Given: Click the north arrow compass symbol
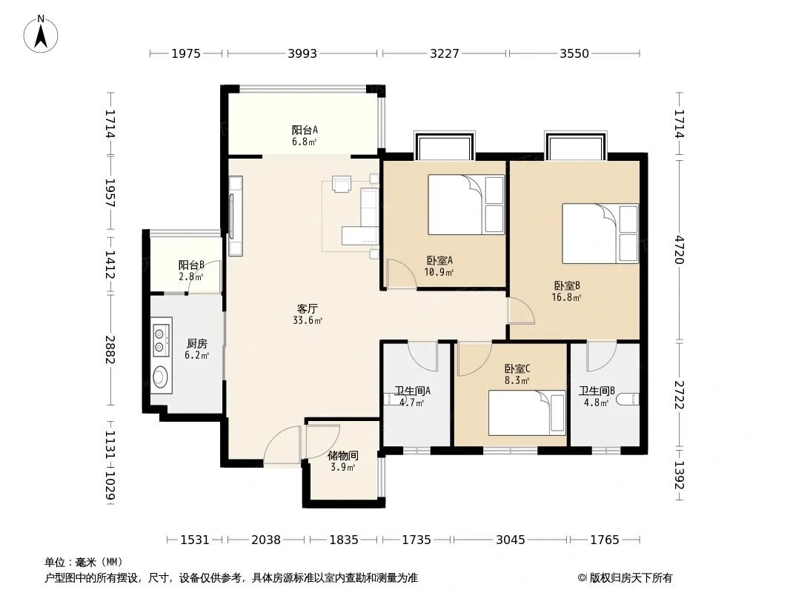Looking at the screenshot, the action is coord(41,34).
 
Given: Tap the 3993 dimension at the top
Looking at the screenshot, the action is coord(302,53).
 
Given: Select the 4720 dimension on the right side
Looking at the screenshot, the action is coord(679,249).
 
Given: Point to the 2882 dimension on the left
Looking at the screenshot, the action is coord(110,349).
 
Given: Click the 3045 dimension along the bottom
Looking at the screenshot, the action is coord(511,540).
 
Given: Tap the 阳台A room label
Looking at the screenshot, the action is coord(305,130).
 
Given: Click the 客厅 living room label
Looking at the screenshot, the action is coord(308,308).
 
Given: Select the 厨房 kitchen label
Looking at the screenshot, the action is coord(197,344).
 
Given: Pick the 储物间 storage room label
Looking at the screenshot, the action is coord(343,455).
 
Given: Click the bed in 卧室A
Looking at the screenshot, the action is coord(466,205).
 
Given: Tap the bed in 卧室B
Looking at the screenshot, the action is coord(600,233).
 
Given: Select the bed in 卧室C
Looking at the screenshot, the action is coord(527,413).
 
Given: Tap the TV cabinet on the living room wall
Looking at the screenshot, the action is coord(235,216).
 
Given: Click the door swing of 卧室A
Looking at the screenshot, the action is coord(401,274).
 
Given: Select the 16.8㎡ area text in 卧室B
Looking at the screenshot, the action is coord(567,297).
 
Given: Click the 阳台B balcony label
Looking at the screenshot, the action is coord(191,265).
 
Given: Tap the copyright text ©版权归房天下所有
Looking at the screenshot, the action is coord(625,578).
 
